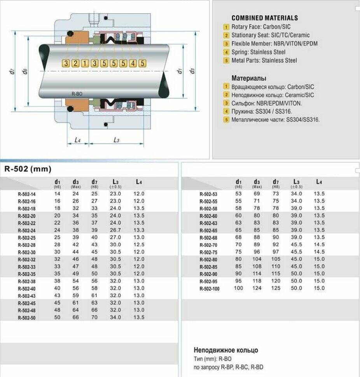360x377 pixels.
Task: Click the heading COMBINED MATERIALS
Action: [x=264, y=18]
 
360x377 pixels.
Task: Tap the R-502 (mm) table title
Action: [x=28, y=169]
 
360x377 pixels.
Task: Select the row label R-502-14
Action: [x=26, y=194]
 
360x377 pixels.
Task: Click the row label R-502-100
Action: [x=209, y=288]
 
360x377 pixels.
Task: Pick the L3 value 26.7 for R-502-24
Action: [x=115, y=230]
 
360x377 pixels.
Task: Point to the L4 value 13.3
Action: [x=139, y=230]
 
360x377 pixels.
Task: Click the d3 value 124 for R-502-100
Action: [x=257, y=288]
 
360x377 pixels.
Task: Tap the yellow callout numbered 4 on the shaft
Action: [x=133, y=63]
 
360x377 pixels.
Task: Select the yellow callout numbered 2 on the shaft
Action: [x=75, y=63]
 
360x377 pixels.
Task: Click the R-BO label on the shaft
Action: [x=77, y=94]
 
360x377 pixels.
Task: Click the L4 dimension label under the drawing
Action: [x=77, y=140]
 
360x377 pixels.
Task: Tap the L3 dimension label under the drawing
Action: [x=116, y=140]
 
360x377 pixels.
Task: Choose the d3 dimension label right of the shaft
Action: [x=192, y=71]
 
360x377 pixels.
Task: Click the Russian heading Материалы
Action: [x=249, y=78]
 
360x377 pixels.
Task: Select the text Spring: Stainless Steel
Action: [x=258, y=52]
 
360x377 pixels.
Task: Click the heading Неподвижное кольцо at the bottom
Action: [x=225, y=350]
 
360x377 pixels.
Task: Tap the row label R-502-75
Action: [x=208, y=252]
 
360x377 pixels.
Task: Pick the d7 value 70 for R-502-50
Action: [x=94, y=317]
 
